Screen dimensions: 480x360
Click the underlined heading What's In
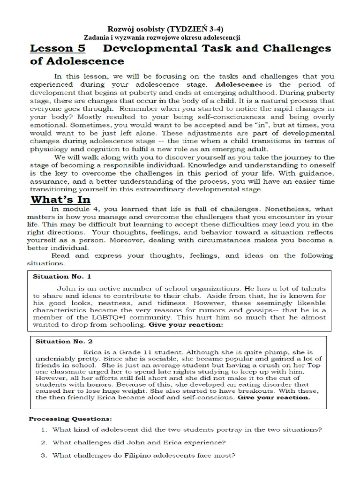coord(60,200)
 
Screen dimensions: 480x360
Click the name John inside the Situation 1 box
coord(66,289)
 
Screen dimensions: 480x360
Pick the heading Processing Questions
coord(71,419)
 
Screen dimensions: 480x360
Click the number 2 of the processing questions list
coord(42,442)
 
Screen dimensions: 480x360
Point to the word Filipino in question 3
coord(139,455)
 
